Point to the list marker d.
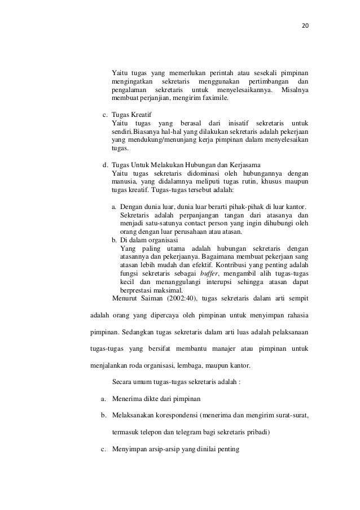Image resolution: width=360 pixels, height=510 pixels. click(104, 165)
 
